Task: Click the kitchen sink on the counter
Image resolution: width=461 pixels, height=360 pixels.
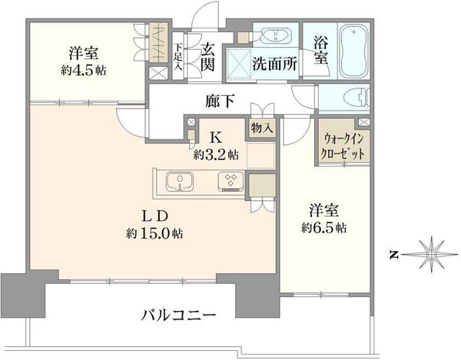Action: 180,182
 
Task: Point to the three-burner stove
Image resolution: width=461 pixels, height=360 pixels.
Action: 230,182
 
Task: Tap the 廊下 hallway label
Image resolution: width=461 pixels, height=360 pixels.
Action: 220,101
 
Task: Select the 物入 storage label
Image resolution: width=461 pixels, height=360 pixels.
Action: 261,128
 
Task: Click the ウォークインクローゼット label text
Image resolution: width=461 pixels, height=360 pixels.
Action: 343,146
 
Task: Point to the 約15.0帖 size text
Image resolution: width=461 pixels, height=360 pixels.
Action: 154,234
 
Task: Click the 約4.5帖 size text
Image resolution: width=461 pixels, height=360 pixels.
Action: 84,71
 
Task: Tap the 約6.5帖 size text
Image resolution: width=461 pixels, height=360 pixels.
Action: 323,227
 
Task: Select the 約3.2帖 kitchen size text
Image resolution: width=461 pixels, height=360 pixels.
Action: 216,154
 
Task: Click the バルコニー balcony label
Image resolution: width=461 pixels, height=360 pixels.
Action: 178,315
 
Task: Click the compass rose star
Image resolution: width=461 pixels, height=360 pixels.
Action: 431,254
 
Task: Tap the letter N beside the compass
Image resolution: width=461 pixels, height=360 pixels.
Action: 394,255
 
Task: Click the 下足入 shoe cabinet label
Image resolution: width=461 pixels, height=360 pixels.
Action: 178,57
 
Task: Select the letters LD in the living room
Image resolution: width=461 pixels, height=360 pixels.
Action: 155,216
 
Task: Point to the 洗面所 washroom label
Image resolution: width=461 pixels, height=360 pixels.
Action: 274,64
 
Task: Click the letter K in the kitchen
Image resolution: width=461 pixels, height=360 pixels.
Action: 217,137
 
